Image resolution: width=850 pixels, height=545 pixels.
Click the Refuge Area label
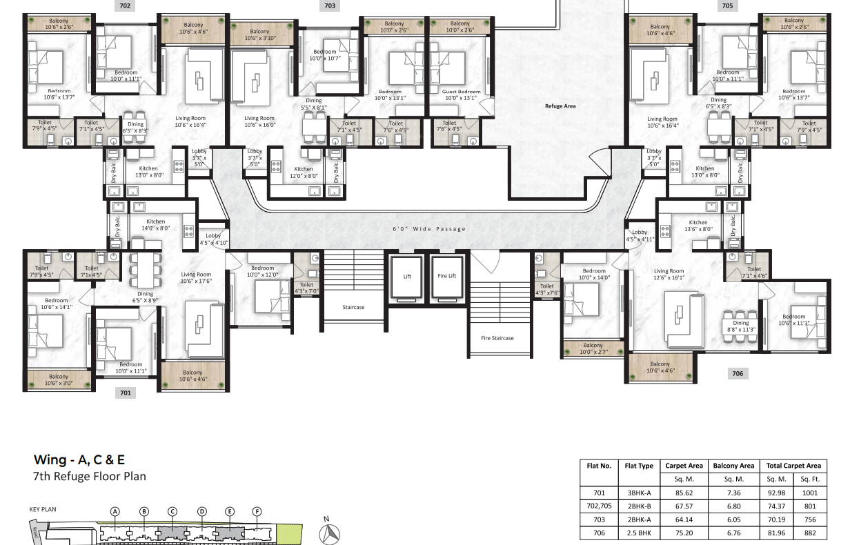click(560, 106)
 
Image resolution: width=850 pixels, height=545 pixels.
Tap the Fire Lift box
click(446, 277)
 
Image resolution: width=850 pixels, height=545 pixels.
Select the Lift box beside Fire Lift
click(406, 277)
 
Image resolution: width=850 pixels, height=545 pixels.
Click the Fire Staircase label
click(497, 338)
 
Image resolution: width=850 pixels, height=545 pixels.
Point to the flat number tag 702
click(124, 6)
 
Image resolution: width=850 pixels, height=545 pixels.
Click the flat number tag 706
click(738, 373)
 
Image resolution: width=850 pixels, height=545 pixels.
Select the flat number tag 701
click(125, 393)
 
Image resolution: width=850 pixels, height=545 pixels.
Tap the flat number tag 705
click(727, 6)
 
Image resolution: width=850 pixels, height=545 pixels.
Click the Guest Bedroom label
click(461, 95)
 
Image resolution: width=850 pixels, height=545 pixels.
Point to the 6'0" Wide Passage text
click(429, 229)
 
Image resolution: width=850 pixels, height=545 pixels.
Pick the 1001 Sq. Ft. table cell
click(810, 493)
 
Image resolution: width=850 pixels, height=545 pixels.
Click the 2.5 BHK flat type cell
click(638, 533)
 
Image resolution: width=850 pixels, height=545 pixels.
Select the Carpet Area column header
click(683, 466)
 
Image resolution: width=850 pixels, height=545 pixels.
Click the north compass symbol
click(330, 533)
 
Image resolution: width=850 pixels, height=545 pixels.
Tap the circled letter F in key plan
click(257, 511)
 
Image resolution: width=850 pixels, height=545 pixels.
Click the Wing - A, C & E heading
click(79, 459)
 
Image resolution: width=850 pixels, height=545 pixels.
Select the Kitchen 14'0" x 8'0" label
click(156, 225)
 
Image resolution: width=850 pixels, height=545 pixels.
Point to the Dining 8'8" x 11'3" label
click(740, 326)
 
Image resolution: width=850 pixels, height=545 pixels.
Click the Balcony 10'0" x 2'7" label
click(593, 349)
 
